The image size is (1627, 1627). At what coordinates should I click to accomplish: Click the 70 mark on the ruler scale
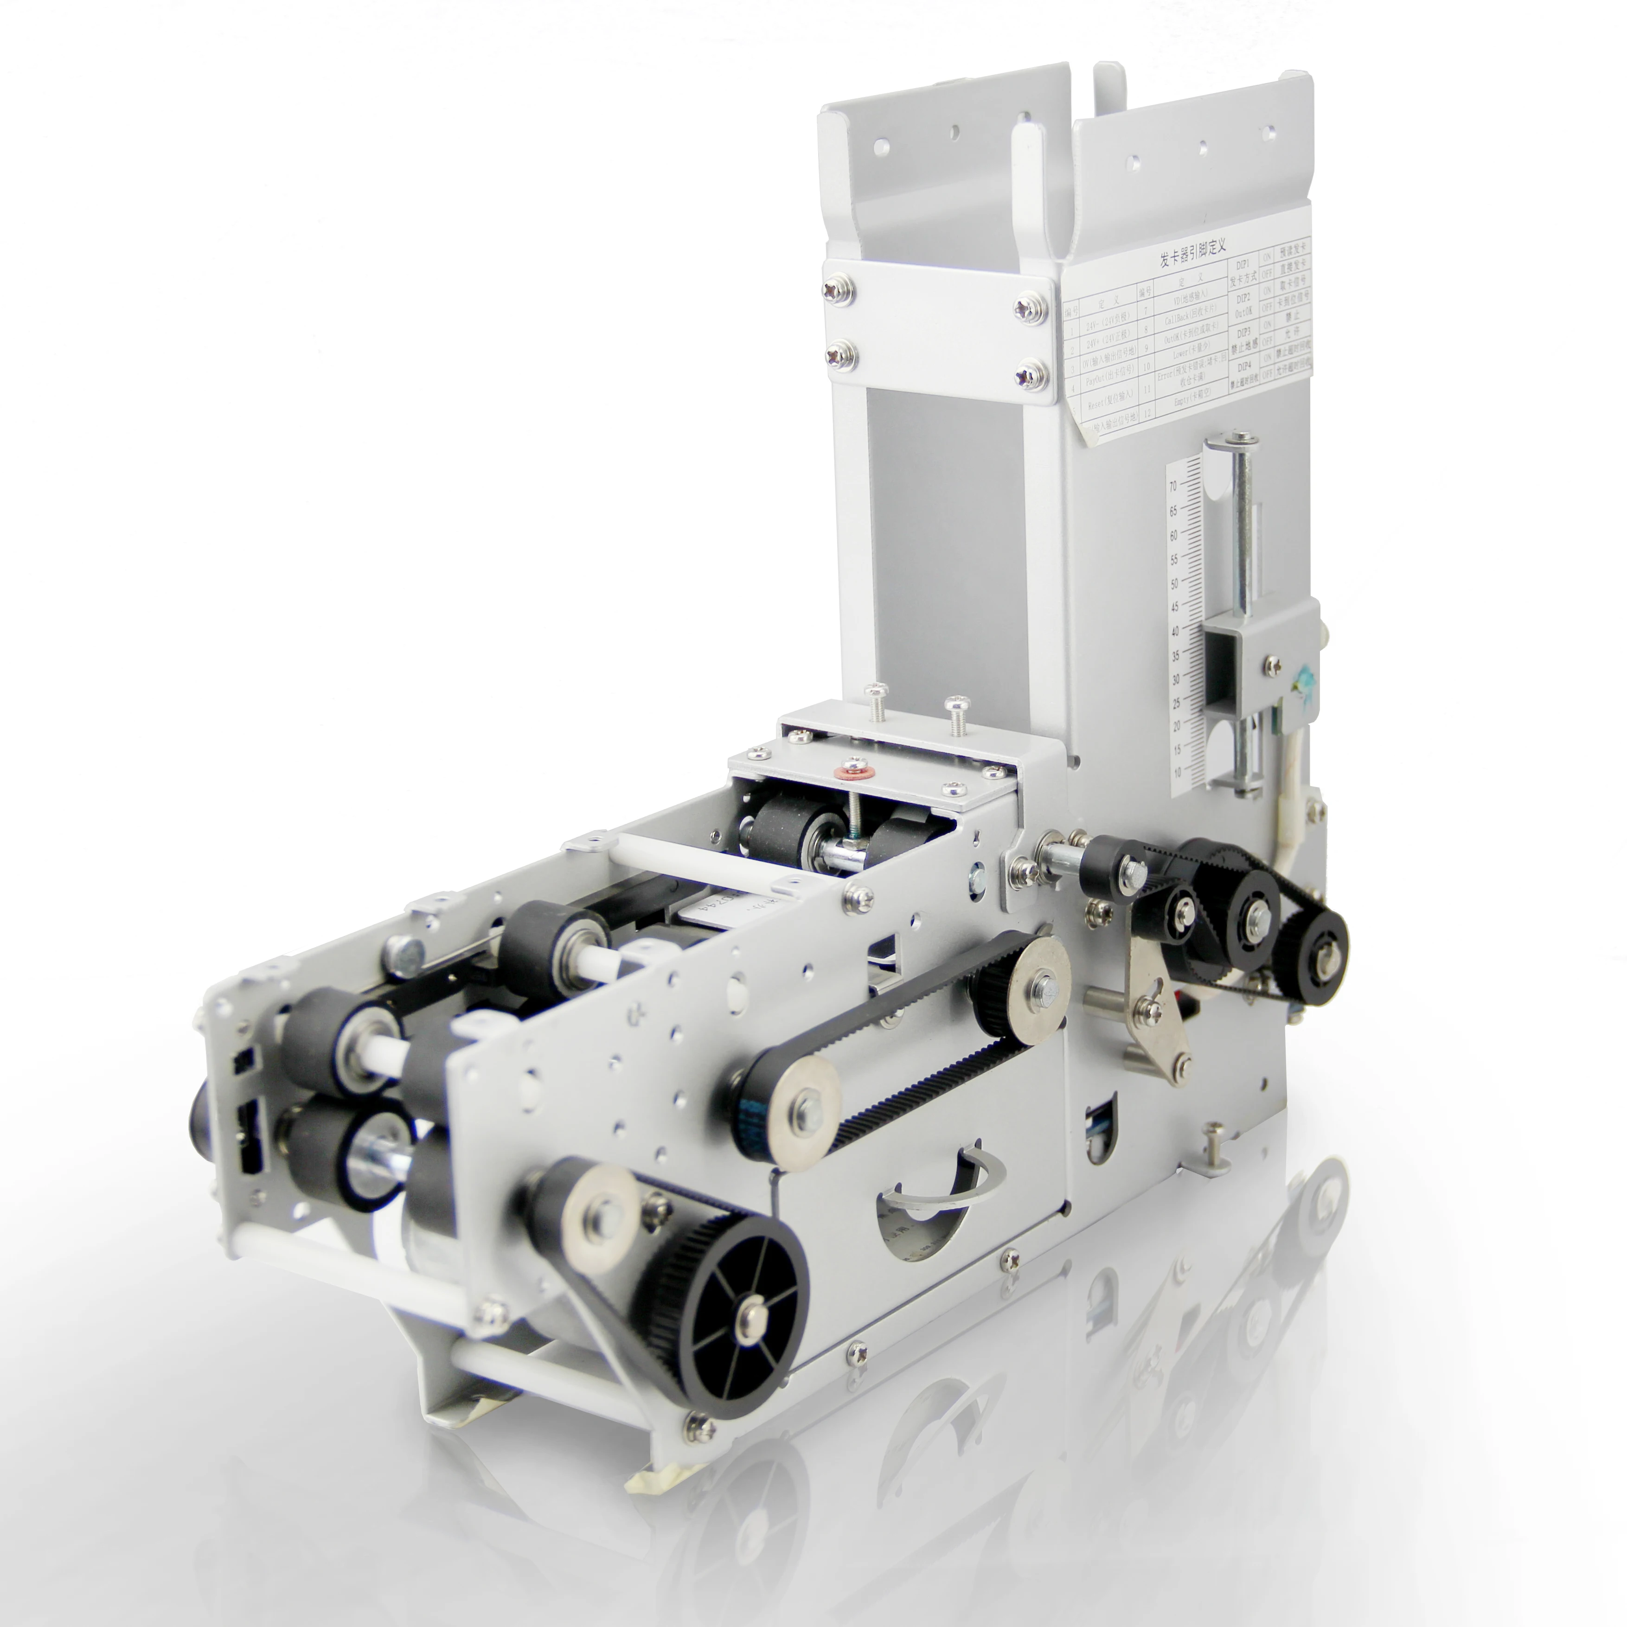pyautogui.click(x=1172, y=486)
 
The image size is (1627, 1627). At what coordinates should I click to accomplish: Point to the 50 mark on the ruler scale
pyautogui.click(x=1174, y=583)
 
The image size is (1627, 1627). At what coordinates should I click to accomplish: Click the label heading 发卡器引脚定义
pyautogui.click(x=1192, y=253)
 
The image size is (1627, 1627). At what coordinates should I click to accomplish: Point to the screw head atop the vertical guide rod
pyautogui.click(x=1240, y=437)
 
